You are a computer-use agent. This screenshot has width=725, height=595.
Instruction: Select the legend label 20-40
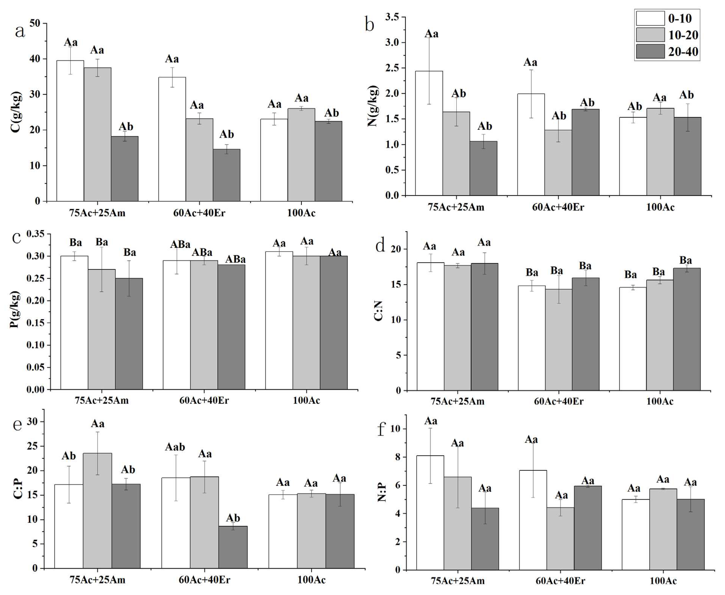(683, 52)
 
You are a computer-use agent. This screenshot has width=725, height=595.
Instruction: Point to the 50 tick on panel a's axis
(35, 23)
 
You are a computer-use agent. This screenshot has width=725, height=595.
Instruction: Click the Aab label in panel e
(175, 447)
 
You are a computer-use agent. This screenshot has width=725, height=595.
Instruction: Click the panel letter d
(380, 245)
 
